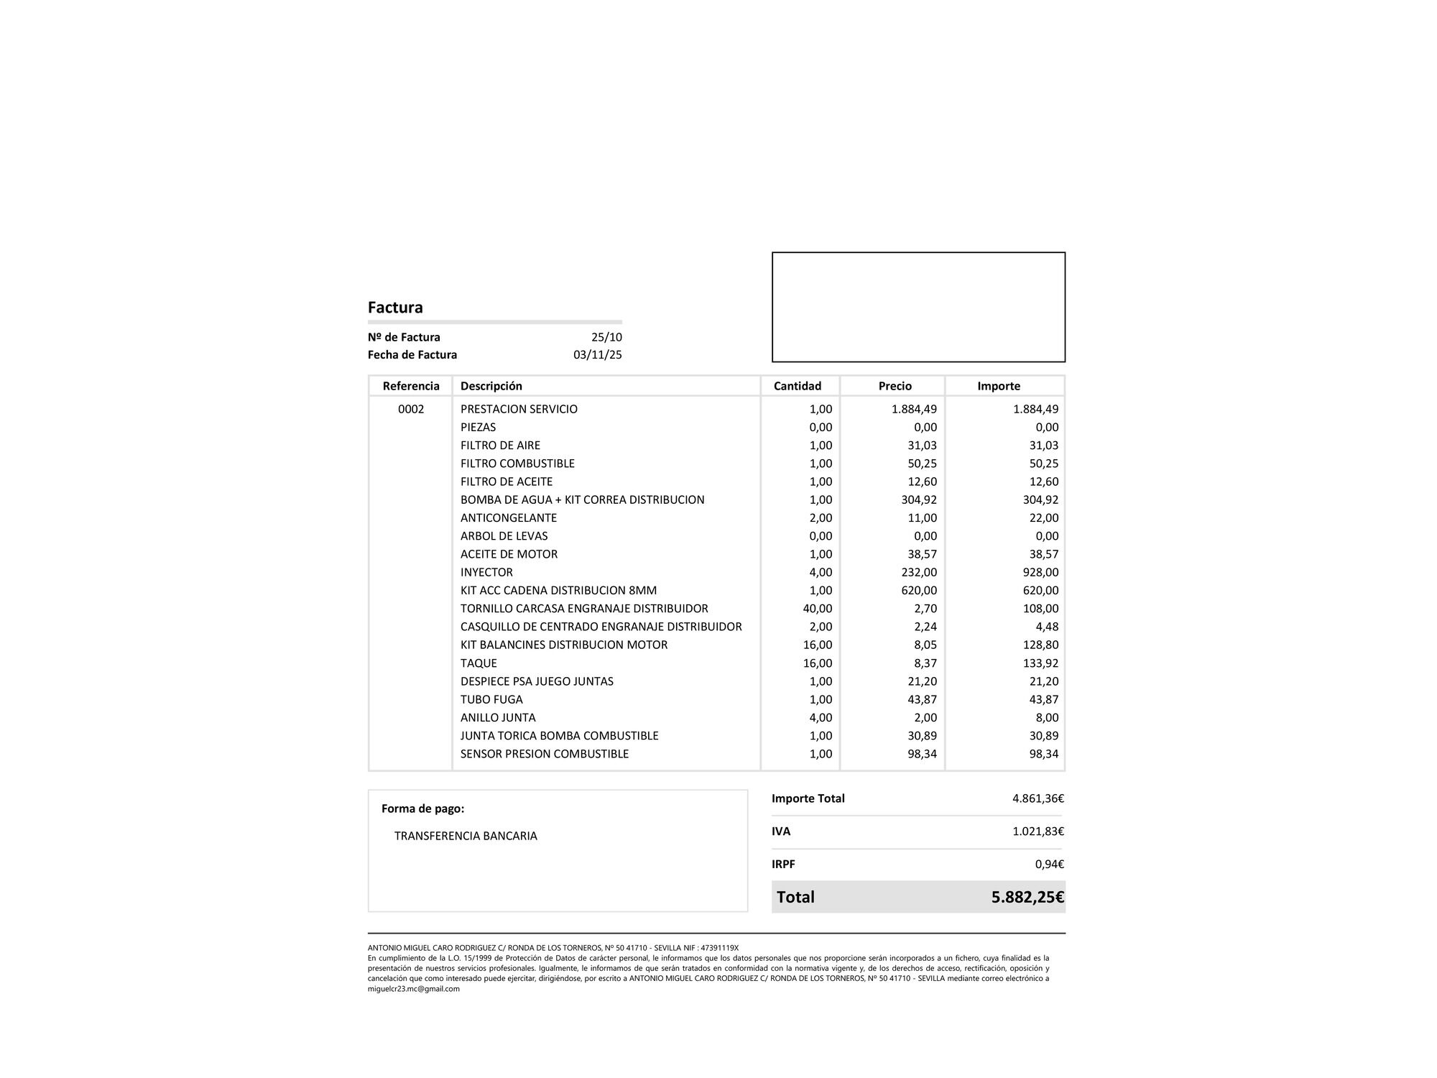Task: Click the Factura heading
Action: (395, 308)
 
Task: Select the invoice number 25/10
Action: (606, 337)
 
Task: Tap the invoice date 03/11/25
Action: (597, 354)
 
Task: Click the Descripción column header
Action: (491, 386)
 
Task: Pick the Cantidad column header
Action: (797, 386)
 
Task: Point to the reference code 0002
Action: (411, 409)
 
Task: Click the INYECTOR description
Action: (486, 572)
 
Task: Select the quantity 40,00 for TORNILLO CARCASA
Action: (817, 609)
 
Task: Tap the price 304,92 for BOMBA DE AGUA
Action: (919, 499)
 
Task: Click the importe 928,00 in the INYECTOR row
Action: (1040, 572)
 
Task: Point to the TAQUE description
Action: (479, 663)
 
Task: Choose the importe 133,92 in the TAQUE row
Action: (1040, 663)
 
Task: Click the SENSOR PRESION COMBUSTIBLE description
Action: (544, 754)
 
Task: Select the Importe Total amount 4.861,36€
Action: (1038, 798)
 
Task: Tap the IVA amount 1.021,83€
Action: (1038, 831)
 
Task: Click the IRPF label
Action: (783, 865)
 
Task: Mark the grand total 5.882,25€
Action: (1027, 897)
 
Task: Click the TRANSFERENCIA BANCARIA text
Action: (466, 836)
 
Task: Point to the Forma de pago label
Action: (422, 808)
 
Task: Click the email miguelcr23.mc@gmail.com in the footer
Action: (413, 989)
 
